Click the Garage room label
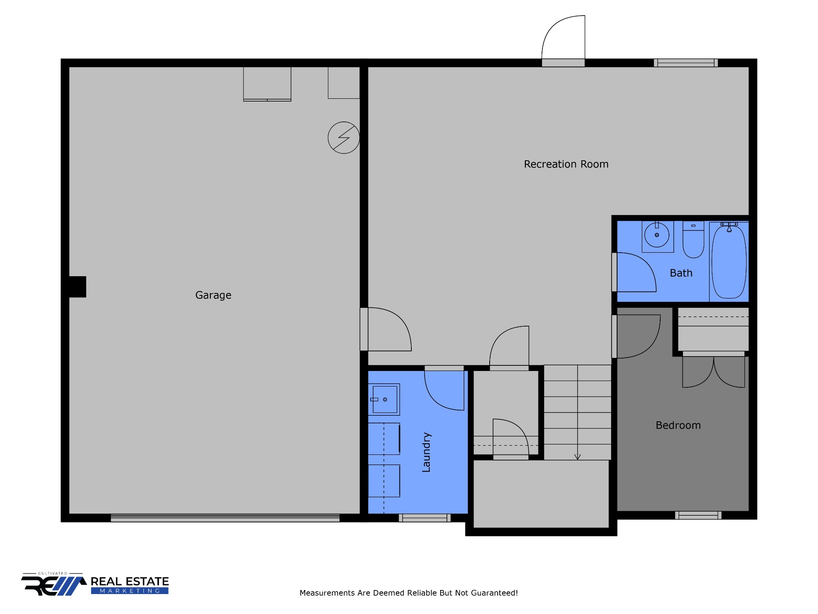pyautogui.click(x=213, y=295)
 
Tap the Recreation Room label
pyautogui.click(x=566, y=164)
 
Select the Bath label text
pyautogui.click(x=681, y=273)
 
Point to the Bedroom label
pyautogui.click(x=678, y=425)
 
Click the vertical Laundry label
pyautogui.click(x=426, y=452)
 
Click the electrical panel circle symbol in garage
pyautogui.click(x=343, y=138)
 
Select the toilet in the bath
pyautogui.click(x=693, y=240)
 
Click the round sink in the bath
pyautogui.click(x=657, y=235)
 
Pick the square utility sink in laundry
pyautogui.click(x=384, y=399)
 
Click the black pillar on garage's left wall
pyautogui.click(x=77, y=287)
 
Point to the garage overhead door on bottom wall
pyautogui.click(x=225, y=518)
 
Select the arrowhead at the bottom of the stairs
pyautogui.click(x=577, y=457)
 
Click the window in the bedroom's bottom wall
pyautogui.click(x=698, y=515)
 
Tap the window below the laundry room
pyautogui.click(x=425, y=518)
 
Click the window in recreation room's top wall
pyautogui.click(x=686, y=63)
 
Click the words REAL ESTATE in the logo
pyautogui.click(x=130, y=582)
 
